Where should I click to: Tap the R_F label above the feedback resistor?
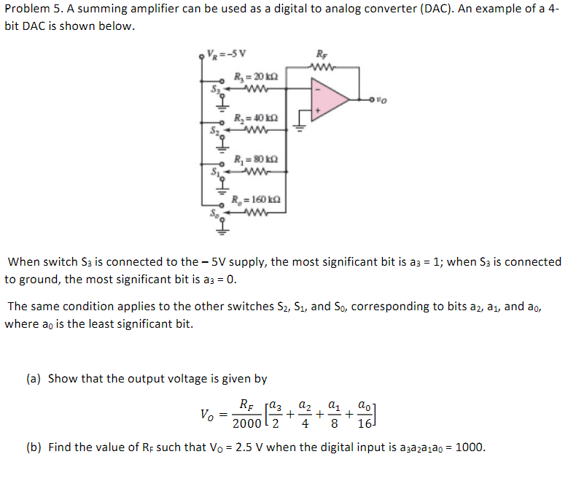[322, 53]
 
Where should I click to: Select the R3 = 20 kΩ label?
[255, 77]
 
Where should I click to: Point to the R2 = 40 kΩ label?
[255, 118]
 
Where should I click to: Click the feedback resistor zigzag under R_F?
[322, 68]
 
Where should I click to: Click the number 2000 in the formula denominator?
[246, 424]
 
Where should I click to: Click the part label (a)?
[34, 379]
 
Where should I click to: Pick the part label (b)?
[34, 447]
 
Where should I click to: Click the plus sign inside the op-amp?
[316, 112]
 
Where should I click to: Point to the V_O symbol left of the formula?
[208, 415]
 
